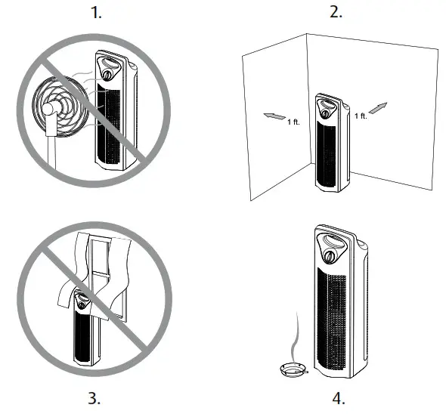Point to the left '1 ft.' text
(x=293, y=122)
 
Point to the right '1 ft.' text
(x=362, y=116)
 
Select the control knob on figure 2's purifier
(x=327, y=113)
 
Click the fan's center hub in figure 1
(x=50, y=110)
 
